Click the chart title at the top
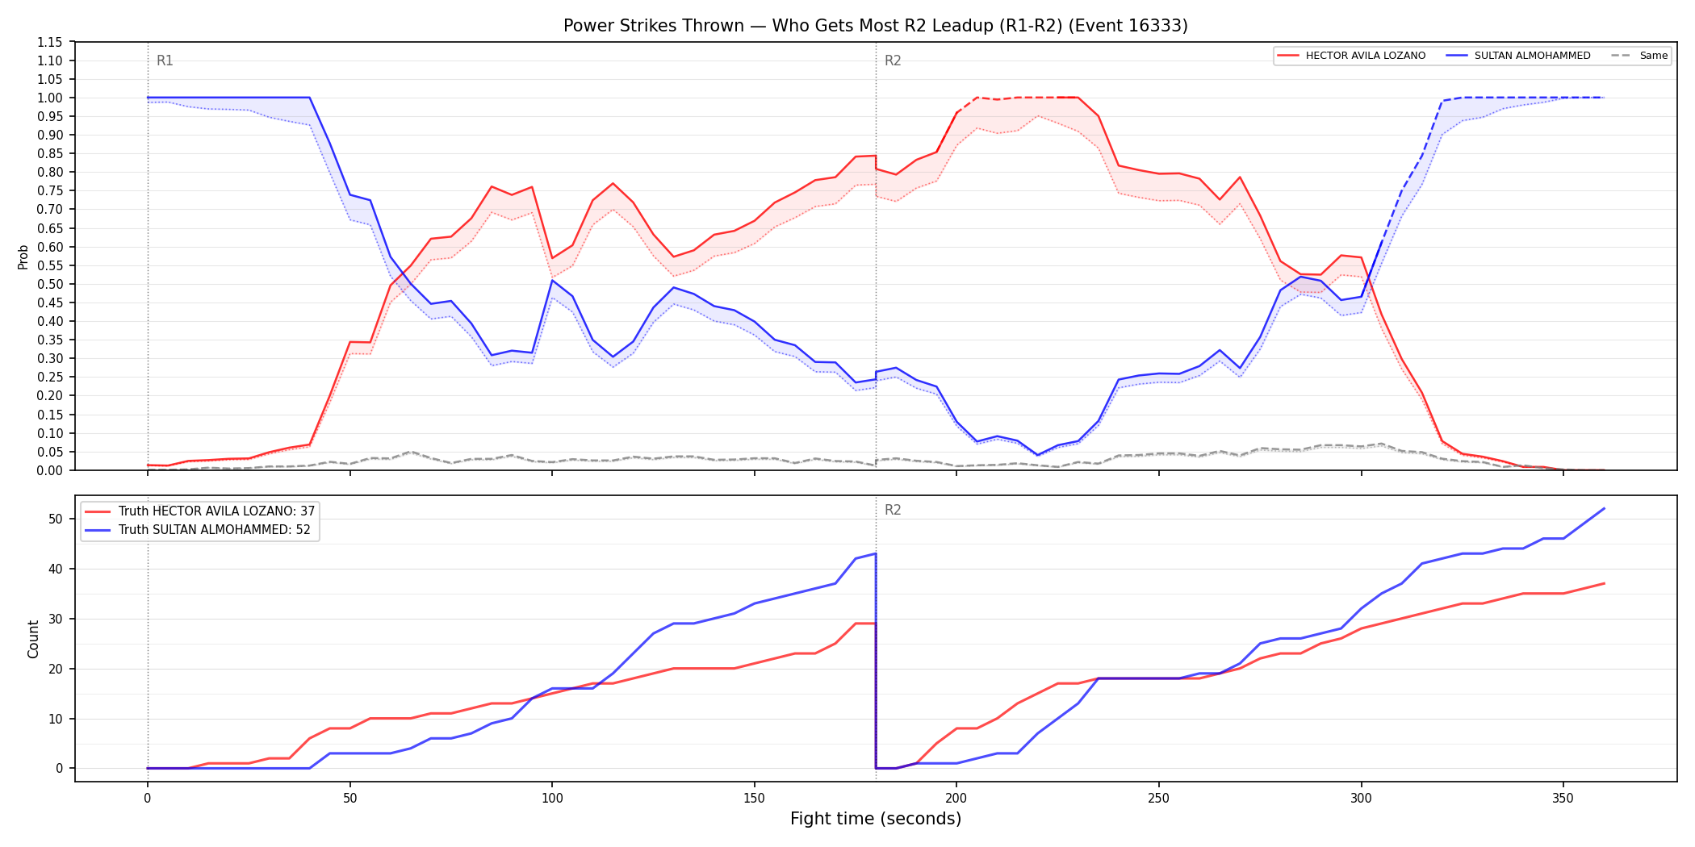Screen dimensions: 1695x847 pos(876,26)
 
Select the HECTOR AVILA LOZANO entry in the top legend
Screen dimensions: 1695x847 pos(1352,56)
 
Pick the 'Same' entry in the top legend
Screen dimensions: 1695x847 pos(1639,56)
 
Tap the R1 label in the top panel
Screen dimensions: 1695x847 pos(165,60)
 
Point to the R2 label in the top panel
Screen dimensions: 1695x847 pos(893,60)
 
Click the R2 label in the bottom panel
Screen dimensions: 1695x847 pos(893,510)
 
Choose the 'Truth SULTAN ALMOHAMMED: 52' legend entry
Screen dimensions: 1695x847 pos(198,530)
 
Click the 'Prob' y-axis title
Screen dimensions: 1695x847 pos(23,257)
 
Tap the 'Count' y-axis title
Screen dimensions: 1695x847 pos(33,639)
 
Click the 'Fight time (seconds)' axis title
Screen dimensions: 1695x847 pos(876,819)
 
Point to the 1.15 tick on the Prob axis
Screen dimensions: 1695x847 pos(50,42)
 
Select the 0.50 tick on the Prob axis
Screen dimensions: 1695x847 pos(50,284)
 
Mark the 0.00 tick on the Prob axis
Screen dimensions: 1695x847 pos(50,470)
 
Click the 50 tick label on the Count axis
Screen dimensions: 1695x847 pos(56,519)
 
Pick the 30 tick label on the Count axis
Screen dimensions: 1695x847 pos(56,619)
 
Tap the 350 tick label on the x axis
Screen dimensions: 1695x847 pos(1563,799)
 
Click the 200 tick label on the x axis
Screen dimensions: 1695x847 pos(956,799)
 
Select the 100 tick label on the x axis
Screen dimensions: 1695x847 pos(552,799)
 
